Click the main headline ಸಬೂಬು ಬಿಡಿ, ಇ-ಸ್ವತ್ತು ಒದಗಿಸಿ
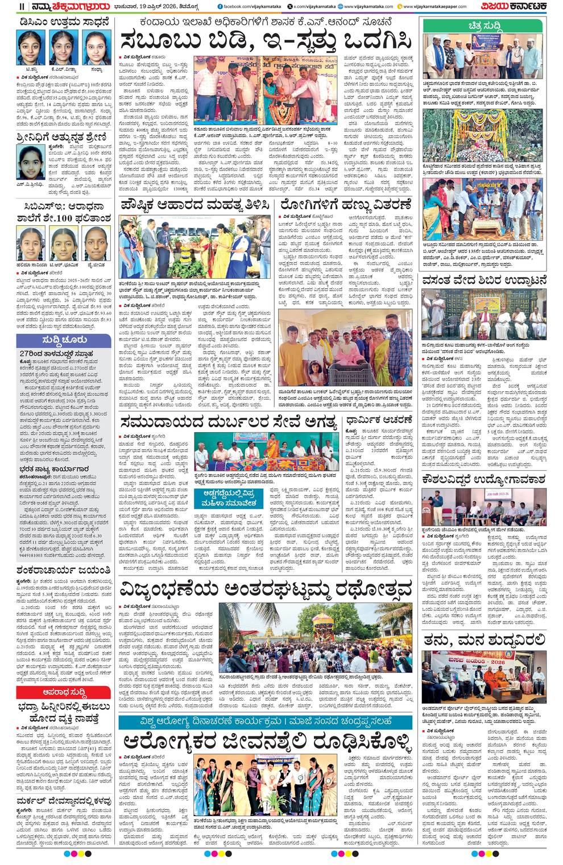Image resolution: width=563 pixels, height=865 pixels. coord(266,40)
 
